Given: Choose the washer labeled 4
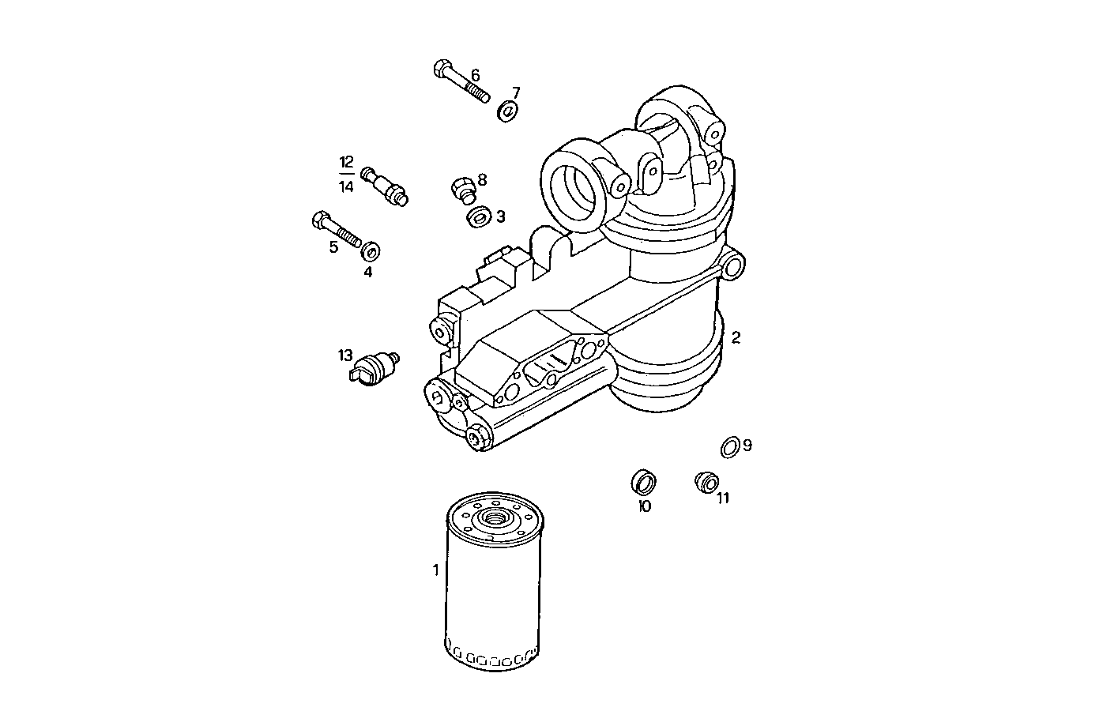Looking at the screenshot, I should pyautogui.click(x=370, y=252).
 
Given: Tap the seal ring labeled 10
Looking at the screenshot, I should pyautogui.click(x=645, y=480).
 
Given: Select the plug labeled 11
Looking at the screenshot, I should pyautogui.click(x=705, y=480).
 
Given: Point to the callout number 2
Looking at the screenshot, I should pyautogui.click(x=736, y=337).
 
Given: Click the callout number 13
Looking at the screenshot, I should pyautogui.click(x=345, y=355).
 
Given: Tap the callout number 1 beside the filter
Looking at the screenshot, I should pyautogui.click(x=435, y=570).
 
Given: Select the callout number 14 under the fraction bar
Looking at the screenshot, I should pyautogui.click(x=346, y=187).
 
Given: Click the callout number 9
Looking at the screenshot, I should pyautogui.click(x=747, y=446).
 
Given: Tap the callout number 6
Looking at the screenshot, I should pyautogui.click(x=475, y=76).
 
